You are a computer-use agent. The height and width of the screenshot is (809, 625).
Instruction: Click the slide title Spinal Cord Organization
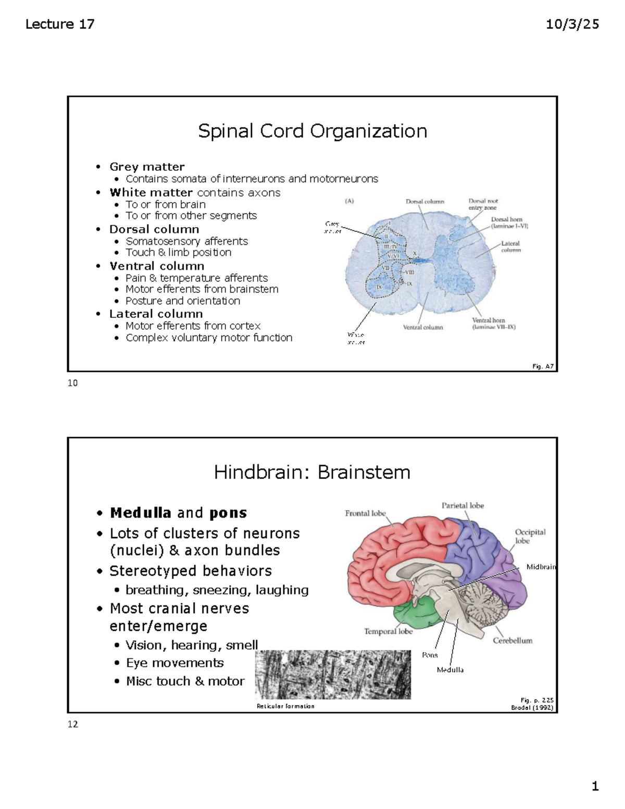tap(312, 131)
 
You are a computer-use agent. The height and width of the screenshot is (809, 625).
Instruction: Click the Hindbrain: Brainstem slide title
tap(312, 472)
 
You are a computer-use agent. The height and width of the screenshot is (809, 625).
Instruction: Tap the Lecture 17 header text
tap(60, 24)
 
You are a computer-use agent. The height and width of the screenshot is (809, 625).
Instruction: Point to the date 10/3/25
tap(572, 24)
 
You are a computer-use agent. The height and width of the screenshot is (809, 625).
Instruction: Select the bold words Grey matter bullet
tap(147, 167)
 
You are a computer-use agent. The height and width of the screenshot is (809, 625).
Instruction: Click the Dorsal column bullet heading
tap(154, 229)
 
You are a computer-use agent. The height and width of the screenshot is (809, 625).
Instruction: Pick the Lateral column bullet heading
tap(156, 314)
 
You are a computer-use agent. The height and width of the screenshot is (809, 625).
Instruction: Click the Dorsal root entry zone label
tap(483, 204)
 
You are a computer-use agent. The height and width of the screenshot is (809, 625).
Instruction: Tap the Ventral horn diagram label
tap(489, 320)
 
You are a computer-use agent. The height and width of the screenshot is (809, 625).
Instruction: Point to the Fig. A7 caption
tap(542, 367)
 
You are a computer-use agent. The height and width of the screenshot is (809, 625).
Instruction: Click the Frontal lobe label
tap(365, 513)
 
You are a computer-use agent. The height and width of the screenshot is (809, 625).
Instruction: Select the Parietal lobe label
tap(463, 505)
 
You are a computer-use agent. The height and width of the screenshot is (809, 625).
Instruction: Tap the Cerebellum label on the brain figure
tap(512, 641)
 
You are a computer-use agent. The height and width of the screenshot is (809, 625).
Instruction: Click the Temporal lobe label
tap(388, 631)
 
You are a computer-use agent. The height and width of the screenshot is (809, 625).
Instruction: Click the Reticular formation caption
tap(285, 706)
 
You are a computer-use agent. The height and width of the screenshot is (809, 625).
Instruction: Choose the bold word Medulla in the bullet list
tap(141, 513)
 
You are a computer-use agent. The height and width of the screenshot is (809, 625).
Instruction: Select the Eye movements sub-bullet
tap(174, 663)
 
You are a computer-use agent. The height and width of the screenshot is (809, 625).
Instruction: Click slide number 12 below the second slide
tap(72, 724)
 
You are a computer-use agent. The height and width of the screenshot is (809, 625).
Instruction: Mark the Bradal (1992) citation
tap(532, 708)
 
